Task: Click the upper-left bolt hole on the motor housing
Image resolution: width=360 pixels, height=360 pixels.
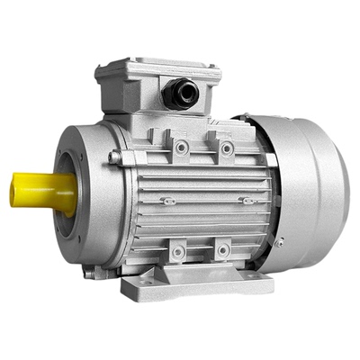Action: (181, 146)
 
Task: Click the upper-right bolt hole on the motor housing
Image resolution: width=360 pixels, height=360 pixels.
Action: (227, 148)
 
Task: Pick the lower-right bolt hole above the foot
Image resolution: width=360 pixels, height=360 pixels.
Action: (222, 251)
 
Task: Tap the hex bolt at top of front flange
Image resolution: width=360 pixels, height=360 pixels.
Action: (114, 157)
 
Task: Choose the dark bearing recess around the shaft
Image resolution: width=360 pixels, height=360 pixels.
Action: (65, 192)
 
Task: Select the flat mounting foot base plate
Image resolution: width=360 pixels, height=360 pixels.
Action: (198, 286)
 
